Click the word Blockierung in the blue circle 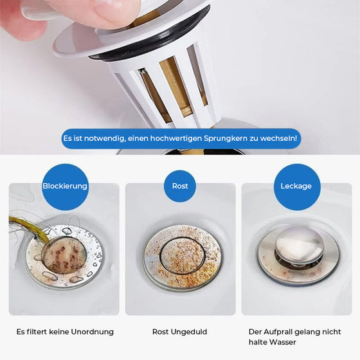tap(65, 186)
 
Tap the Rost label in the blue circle tap(180, 186)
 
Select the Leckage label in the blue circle tap(296, 186)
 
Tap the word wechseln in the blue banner tap(278, 138)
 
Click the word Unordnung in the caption tap(93, 332)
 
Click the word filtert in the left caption tap(37, 332)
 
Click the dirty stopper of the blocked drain tap(64, 255)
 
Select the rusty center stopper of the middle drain tap(183, 255)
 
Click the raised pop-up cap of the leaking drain tap(298, 244)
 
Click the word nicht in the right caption tap(332, 332)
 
